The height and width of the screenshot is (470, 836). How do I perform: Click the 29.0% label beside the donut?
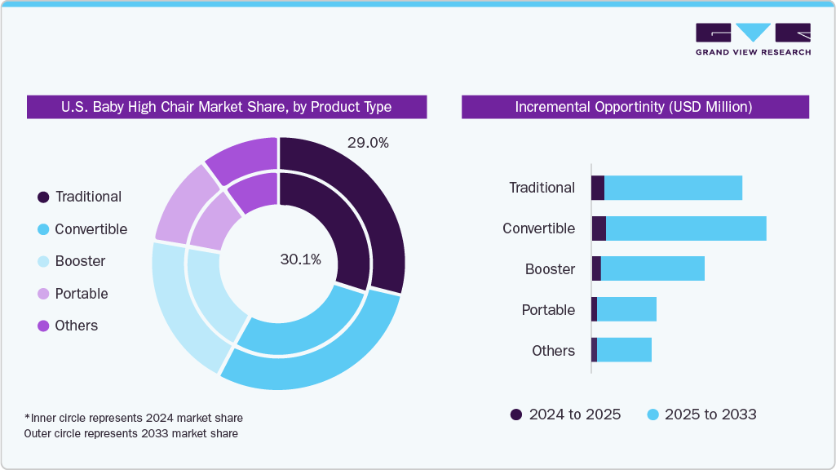[368, 143]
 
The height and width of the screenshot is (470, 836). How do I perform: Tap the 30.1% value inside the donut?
[300, 259]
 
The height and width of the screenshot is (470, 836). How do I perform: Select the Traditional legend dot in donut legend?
[43, 197]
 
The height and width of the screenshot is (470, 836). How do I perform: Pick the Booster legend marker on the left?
[43, 261]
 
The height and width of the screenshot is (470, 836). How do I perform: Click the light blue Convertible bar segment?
[685, 228]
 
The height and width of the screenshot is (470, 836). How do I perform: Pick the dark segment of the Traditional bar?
[598, 188]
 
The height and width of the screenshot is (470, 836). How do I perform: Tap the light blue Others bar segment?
[624, 350]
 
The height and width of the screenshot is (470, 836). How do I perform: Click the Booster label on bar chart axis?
[550, 269]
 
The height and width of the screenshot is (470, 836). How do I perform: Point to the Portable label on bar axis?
[548, 310]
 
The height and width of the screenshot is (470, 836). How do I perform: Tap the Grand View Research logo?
[752, 38]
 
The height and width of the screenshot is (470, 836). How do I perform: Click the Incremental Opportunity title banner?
[635, 107]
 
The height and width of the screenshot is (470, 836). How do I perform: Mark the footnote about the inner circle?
[134, 418]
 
